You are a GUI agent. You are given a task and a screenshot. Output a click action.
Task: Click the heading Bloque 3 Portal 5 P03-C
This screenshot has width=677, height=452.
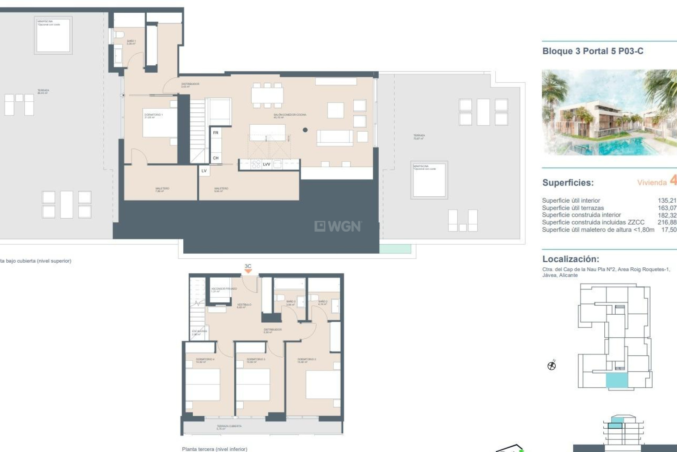point(593,51)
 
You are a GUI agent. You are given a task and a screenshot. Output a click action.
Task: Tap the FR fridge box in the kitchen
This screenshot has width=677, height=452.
point(216,133)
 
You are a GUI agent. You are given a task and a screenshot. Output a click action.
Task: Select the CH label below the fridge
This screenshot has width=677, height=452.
point(216,158)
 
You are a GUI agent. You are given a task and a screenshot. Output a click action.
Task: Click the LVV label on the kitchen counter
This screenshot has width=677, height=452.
point(267,164)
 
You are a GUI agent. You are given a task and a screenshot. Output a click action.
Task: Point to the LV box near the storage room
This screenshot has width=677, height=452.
point(204,171)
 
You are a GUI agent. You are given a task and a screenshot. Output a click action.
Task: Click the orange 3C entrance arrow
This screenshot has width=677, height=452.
point(248,271)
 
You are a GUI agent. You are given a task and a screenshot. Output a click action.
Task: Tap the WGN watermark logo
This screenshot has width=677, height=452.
point(338,226)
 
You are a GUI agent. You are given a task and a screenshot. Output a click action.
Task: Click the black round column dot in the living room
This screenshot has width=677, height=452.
point(305,130)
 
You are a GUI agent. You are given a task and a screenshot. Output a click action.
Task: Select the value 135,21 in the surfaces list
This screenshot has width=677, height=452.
point(667,201)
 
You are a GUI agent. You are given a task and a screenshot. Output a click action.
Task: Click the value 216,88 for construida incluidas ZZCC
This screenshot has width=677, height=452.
point(667,222)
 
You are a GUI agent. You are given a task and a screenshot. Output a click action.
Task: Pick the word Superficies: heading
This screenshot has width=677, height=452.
point(568,183)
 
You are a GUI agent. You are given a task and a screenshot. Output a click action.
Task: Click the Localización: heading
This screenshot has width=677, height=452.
point(571,259)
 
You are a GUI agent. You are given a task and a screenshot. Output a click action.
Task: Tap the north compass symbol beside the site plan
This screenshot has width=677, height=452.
point(551,365)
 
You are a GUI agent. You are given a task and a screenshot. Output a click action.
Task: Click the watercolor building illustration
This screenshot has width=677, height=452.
point(609,112)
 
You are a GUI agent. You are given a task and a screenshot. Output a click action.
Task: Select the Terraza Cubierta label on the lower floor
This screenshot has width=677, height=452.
point(229,427)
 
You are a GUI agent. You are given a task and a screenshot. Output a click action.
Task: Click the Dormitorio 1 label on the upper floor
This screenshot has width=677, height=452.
point(153,115)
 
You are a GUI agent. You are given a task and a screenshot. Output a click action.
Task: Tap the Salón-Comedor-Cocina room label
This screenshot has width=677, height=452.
point(289,115)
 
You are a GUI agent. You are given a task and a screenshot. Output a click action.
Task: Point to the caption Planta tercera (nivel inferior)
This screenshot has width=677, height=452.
point(214,449)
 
